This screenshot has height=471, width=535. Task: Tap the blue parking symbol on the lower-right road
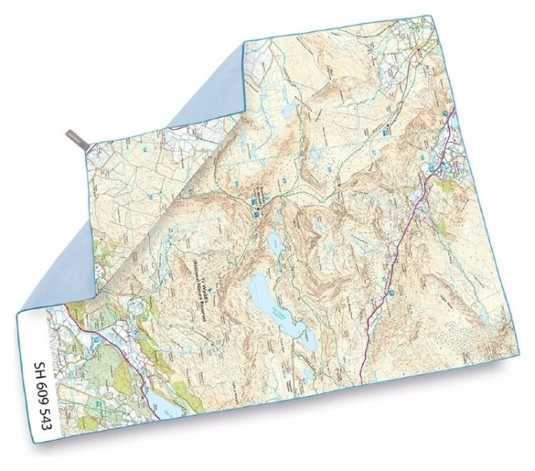(392, 291)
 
